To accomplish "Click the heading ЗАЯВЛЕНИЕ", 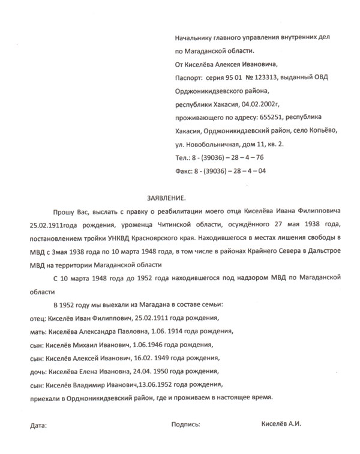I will pyautogui.click(x=167, y=198).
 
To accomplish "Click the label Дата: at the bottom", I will pyautogui.click(x=37, y=426).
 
